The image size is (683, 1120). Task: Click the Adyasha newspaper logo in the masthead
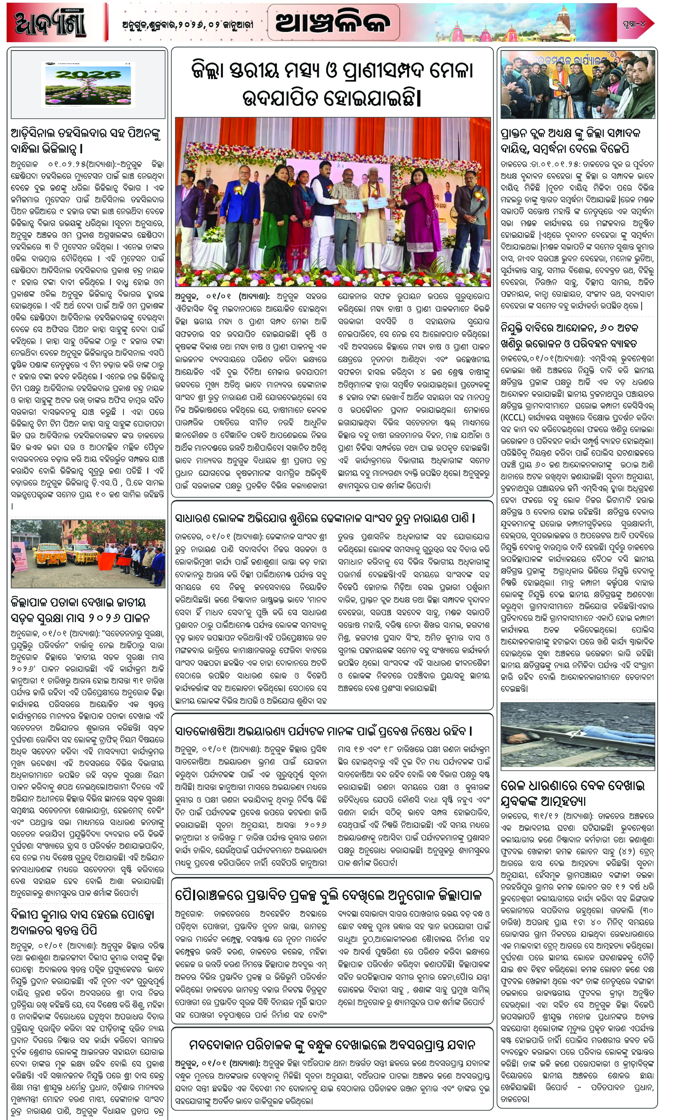point(50,23)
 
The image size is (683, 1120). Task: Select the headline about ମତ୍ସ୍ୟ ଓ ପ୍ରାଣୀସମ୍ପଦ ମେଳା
point(332,84)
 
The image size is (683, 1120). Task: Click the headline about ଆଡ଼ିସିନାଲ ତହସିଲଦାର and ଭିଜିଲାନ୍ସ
point(86,141)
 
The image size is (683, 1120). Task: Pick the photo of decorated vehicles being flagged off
point(88,554)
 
